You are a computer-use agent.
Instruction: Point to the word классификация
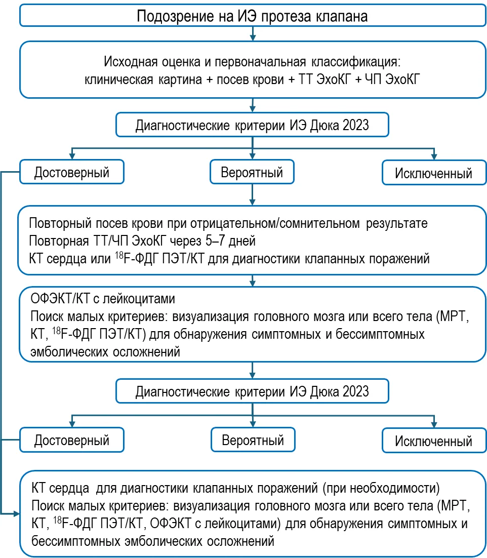tap(356, 62)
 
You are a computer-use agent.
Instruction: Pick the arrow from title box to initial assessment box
tap(253, 33)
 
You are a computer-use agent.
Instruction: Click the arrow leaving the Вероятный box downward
tap(252, 194)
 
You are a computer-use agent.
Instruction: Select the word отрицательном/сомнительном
tap(275, 223)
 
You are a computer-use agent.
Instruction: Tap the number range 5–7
tap(215, 241)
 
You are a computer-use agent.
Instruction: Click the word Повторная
tap(59, 242)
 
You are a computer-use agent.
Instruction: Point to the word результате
tap(397, 224)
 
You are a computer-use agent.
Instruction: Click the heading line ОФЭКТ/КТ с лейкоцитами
tap(103, 299)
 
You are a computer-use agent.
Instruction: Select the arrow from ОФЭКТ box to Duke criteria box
tap(252, 371)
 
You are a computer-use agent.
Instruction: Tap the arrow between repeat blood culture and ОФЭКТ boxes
tap(252, 281)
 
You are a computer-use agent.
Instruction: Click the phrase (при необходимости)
tap(381, 488)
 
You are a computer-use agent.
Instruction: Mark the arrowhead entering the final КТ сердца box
tap(16, 514)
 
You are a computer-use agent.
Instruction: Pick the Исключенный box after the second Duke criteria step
tap(434, 441)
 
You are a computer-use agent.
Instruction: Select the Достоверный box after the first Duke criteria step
tap(72, 172)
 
